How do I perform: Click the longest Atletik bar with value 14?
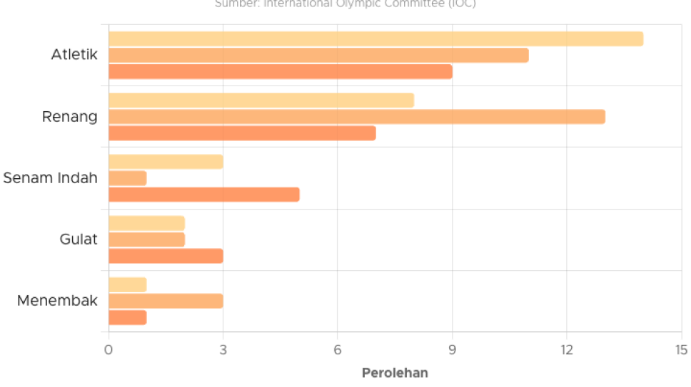375,39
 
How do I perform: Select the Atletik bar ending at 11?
318,56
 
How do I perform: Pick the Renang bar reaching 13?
357,117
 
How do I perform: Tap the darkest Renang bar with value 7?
242,133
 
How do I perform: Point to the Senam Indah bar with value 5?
204,195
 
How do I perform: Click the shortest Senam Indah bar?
128,178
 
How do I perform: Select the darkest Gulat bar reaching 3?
166,256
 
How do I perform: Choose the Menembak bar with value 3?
166,301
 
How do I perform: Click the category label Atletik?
74,54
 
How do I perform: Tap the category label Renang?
70,116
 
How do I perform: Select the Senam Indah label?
50,177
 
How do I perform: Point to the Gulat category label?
79,239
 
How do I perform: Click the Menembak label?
57,300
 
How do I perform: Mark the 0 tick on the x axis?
109,350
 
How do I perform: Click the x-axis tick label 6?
338,350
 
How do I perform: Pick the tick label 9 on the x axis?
453,350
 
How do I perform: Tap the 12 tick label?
567,350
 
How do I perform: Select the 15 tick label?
681,350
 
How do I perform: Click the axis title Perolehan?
394,373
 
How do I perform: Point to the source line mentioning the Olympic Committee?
345,4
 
